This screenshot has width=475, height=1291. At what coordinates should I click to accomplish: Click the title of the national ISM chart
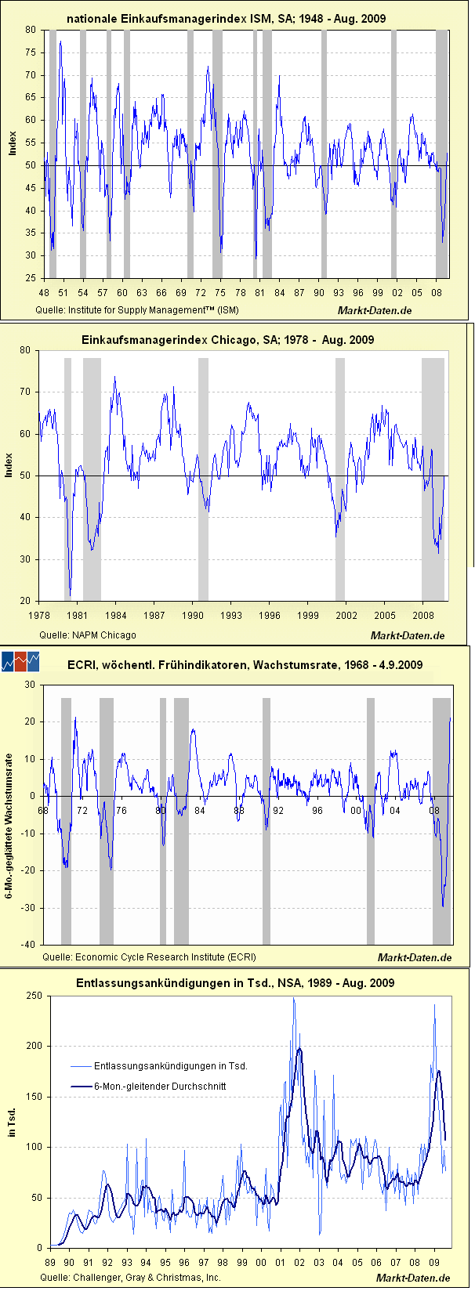click(x=226, y=18)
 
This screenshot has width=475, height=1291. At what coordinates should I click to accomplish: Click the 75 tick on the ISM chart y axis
click(x=30, y=52)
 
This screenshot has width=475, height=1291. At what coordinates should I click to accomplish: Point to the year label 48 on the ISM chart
click(x=44, y=292)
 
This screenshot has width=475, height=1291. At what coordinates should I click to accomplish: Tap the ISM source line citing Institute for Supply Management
click(x=137, y=309)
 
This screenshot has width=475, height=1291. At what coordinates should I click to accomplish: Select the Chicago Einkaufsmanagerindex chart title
click(x=227, y=340)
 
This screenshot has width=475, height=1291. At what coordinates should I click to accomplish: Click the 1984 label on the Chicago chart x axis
click(x=115, y=615)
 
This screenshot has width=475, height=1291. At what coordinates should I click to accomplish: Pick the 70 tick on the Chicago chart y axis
click(x=32, y=392)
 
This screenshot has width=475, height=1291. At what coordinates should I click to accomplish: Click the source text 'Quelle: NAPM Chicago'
click(x=87, y=635)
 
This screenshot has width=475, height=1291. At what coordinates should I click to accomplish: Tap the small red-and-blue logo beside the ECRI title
click(x=20, y=662)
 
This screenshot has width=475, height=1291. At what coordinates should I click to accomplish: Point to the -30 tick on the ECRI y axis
click(x=29, y=908)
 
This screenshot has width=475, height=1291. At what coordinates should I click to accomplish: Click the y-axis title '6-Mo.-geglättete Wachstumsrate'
click(x=10, y=815)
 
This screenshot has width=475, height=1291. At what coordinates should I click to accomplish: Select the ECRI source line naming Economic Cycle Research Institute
click(x=149, y=956)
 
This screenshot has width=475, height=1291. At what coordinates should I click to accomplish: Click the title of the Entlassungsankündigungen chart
click(x=235, y=983)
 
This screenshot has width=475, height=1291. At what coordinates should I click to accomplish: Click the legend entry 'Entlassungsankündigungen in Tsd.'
click(x=171, y=1065)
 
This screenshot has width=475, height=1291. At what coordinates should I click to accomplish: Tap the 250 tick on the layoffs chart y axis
click(x=34, y=996)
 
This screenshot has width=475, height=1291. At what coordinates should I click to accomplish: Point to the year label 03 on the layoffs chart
click(x=319, y=1262)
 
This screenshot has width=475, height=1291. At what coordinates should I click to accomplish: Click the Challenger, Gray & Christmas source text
click(x=130, y=1278)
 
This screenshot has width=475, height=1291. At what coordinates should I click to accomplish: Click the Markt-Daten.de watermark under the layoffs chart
click(x=413, y=1278)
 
